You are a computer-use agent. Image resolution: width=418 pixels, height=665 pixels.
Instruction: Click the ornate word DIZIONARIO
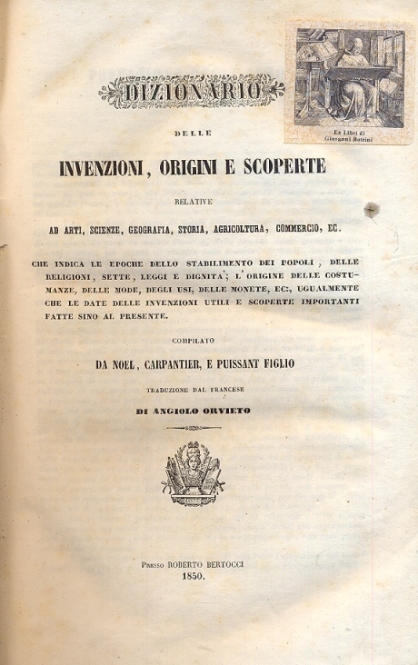[191, 91]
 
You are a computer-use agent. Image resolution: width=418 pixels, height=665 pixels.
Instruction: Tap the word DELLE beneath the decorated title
[191, 134]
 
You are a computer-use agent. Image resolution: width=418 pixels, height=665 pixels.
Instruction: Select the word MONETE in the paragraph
[206, 293]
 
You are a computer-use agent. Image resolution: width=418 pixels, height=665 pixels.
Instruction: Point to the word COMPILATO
[190, 340]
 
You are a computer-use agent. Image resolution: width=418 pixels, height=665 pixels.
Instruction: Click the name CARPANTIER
[164, 364]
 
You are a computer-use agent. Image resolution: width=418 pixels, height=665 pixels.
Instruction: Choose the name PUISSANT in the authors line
[245, 364]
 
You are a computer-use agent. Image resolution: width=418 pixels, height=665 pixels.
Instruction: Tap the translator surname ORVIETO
[224, 410]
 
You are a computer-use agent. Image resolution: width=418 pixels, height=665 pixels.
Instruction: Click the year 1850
[192, 576]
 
